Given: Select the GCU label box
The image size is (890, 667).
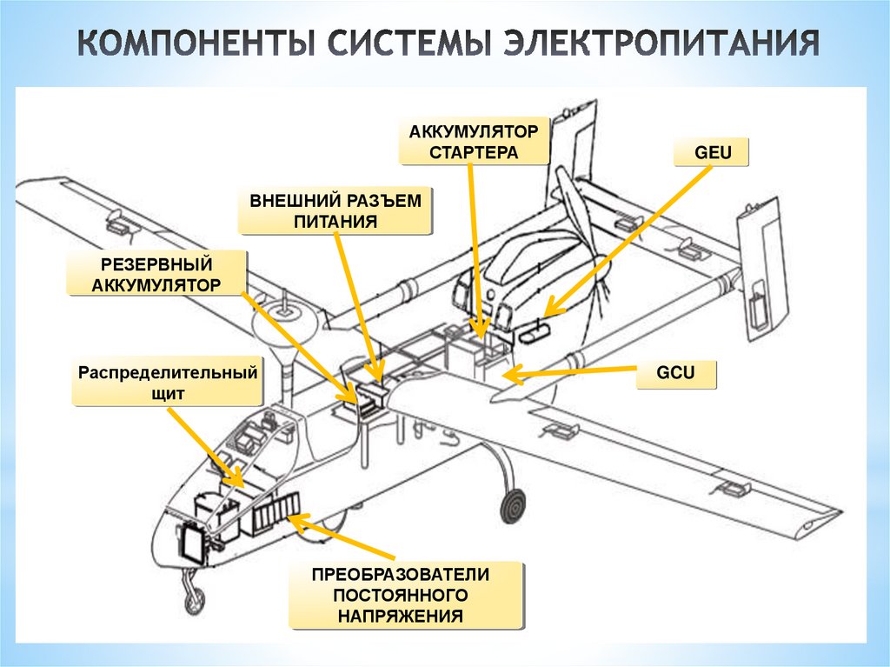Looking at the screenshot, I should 676,374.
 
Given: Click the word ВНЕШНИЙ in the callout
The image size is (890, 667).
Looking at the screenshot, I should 292,201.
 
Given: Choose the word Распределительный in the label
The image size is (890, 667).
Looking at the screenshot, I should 168,373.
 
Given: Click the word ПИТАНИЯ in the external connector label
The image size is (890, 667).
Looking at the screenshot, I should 335,222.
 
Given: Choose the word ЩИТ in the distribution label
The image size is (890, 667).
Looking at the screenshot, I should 168,394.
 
